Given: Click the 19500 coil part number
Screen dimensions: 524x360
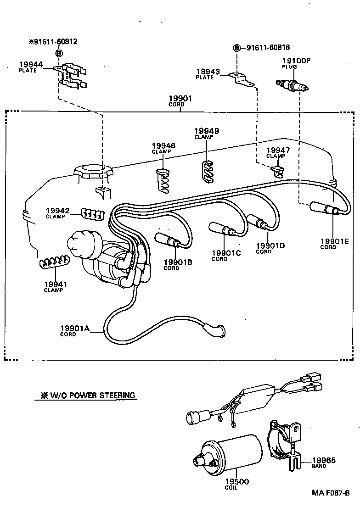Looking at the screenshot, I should click(x=236, y=482).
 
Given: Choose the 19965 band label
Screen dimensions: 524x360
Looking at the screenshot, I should click(x=324, y=460).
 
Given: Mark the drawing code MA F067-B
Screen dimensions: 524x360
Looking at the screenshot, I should click(x=331, y=493).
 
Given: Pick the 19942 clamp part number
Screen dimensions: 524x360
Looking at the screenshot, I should click(x=57, y=211).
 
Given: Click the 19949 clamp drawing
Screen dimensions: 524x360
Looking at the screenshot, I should click(x=210, y=171).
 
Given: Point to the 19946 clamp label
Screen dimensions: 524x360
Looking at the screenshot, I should click(x=163, y=146).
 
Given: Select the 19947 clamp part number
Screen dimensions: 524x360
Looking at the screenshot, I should click(x=278, y=150).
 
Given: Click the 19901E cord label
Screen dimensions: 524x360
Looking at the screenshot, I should click(x=334, y=241).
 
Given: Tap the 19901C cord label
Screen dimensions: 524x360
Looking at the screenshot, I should click(x=226, y=253).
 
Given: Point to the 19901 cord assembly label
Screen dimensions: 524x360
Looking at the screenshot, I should click(x=180, y=99).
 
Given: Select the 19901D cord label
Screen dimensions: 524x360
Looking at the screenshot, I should click(x=270, y=245).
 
